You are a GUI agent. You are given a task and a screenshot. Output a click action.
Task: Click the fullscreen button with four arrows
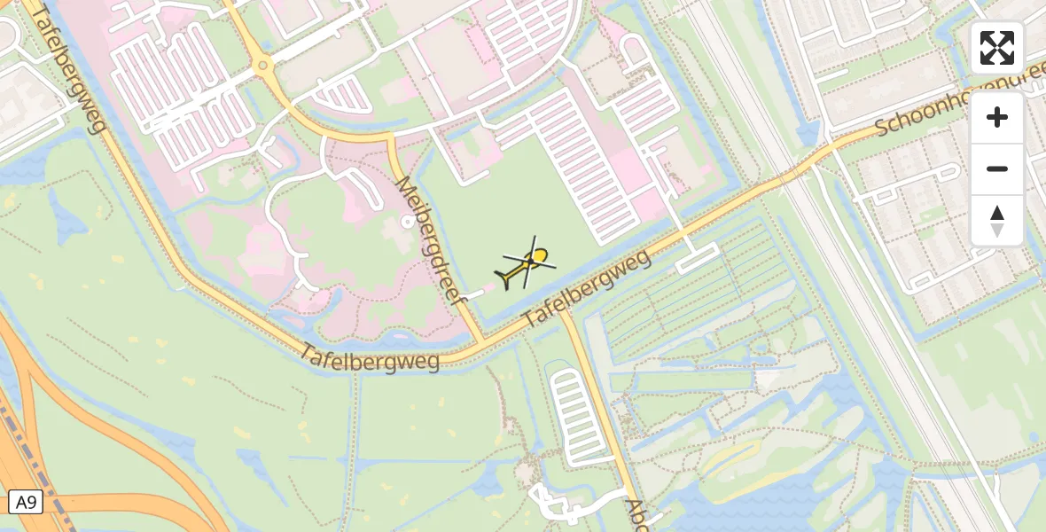pyautogui.click(x=997, y=48)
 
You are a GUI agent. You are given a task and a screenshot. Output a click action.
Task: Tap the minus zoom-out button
pyautogui.click(x=997, y=168)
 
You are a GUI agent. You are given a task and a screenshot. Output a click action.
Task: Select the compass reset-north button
pyautogui.click(x=997, y=220)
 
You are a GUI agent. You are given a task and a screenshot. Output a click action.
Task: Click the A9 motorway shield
pyautogui.click(x=25, y=502)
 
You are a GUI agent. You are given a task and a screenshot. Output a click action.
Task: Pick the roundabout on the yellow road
pyautogui.click(x=261, y=66)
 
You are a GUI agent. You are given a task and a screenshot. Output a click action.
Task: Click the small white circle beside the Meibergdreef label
pyautogui.click(x=408, y=223)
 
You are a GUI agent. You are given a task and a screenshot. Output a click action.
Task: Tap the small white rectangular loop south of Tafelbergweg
pyautogui.click(x=696, y=259)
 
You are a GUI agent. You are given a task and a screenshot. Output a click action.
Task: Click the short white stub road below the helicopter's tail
pyautogui.click(x=474, y=292)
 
